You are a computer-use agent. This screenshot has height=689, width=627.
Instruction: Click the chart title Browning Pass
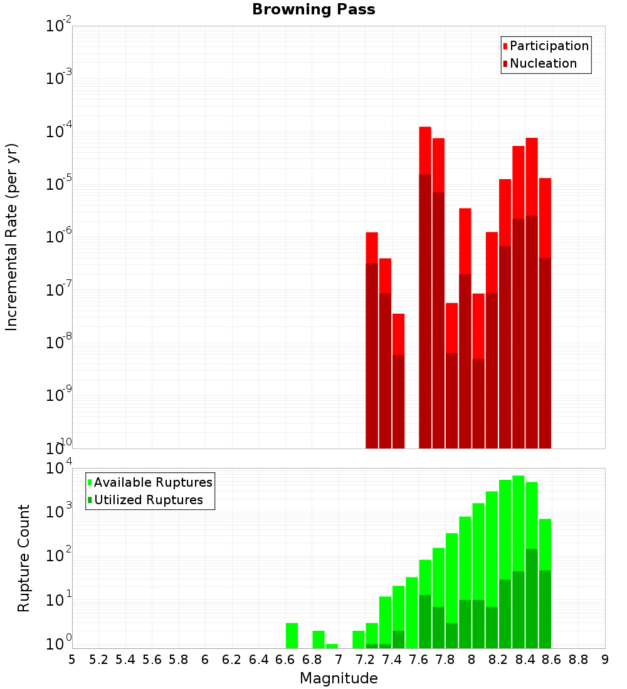coord(313,10)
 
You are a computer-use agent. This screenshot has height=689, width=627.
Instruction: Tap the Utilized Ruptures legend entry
coord(148,500)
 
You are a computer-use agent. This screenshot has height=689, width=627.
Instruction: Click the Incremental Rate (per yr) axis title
coord(12,237)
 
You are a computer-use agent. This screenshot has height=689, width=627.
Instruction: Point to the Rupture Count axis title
coord(24,558)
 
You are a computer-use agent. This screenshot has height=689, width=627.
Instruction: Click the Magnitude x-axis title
coord(339,678)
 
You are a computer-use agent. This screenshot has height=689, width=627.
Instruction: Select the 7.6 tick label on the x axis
coord(418,660)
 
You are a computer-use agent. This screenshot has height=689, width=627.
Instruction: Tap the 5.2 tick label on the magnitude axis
coord(98,660)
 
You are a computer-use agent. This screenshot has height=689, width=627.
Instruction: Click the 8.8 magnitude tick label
coord(578,660)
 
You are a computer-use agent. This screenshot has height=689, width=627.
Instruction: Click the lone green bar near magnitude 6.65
coord(292,635)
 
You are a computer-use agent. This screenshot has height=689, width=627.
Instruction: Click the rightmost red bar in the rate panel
coord(545,313)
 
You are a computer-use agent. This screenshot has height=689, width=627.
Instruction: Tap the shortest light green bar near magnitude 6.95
coord(332,646)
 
